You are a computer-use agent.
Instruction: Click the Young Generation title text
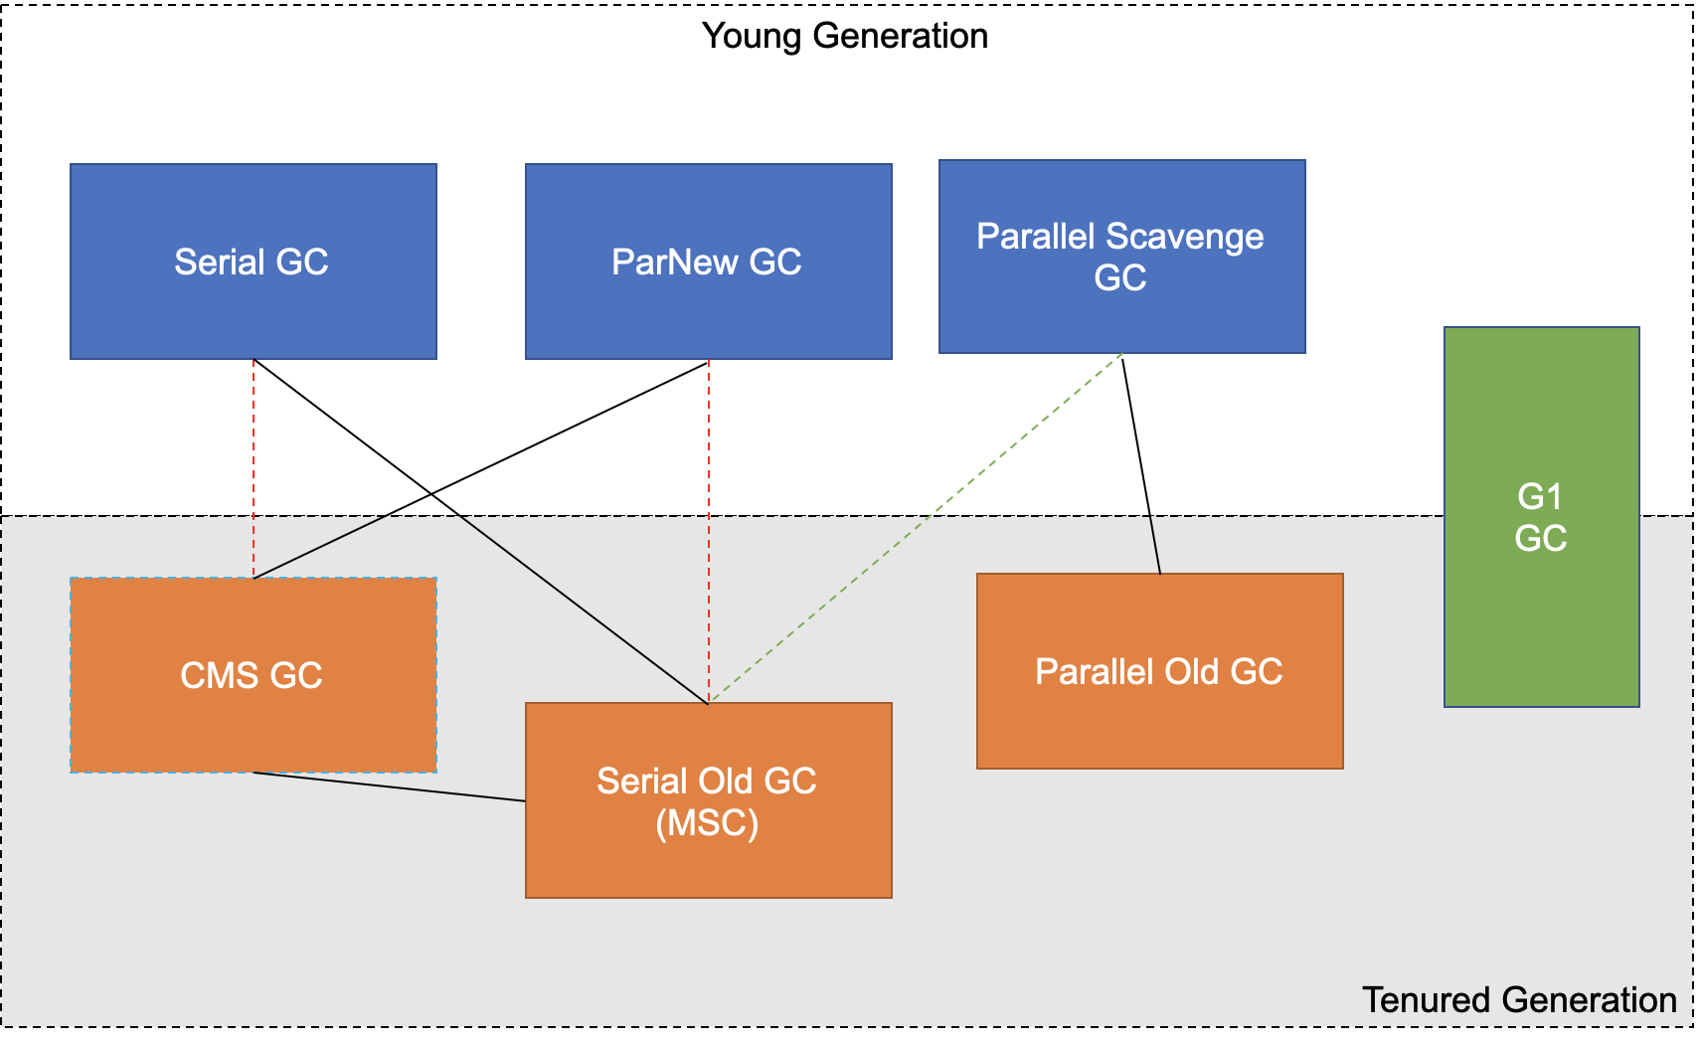(845, 36)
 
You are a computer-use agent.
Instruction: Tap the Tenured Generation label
(1519, 1000)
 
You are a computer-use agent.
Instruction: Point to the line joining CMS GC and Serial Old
(388, 786)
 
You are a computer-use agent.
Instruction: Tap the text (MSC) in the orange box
(707, 823)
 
